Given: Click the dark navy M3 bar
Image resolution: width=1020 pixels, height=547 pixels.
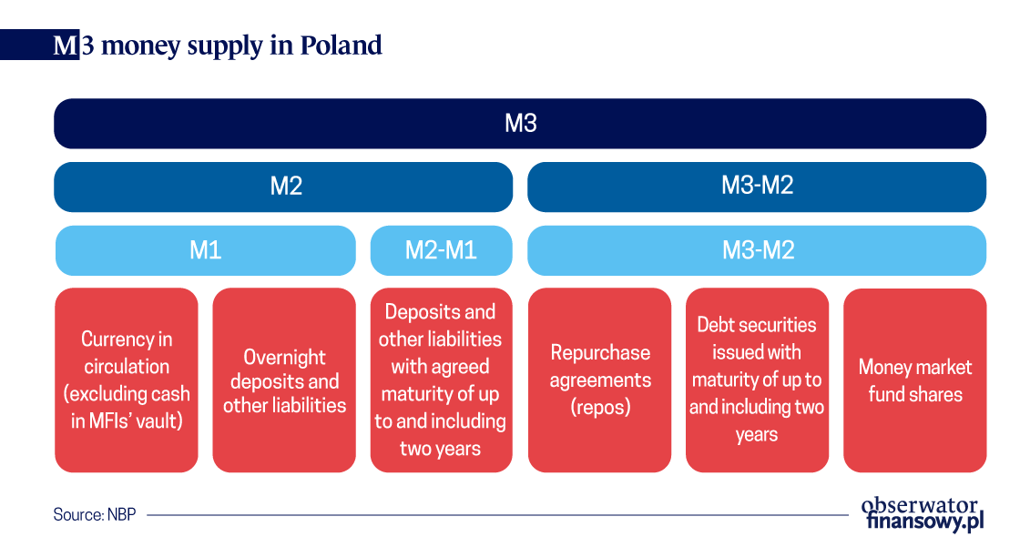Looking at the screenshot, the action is (x=520, y=124).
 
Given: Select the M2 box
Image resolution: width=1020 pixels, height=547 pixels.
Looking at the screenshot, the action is (x=283, y=187).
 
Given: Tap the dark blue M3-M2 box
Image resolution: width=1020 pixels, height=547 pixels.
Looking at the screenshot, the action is (x=757, y=187).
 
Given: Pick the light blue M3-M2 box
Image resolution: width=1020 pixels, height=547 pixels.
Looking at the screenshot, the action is (x=757, y=250).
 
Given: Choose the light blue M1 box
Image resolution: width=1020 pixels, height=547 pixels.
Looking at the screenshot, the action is (x=206, y=250).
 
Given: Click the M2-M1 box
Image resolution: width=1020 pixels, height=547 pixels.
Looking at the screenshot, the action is (x=441, y=250).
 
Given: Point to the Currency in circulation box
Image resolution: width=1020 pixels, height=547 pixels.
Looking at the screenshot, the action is (x=127, y=380).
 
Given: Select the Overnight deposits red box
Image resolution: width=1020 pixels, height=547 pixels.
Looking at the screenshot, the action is (x=284, y=380).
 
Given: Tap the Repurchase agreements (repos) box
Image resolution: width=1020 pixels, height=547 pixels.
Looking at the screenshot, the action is (x=600, y=380).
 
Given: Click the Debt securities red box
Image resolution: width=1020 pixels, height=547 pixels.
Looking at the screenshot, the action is (x=757, y=380).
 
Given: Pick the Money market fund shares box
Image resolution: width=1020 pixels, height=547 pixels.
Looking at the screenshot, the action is (x=914, y=380).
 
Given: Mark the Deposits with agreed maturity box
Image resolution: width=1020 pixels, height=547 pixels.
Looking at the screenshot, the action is (x=441, y=380).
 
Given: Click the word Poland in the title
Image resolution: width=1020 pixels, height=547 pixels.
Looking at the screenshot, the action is (x=341, y=45).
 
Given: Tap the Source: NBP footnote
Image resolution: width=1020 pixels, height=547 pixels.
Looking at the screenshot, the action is (x=95, y=514).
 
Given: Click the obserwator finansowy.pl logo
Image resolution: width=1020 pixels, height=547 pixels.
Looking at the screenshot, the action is (x=923, y=514).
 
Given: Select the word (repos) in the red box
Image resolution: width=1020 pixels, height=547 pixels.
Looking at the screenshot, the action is (x=600, y=407).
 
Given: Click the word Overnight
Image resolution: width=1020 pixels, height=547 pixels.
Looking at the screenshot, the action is (x=284, y=357).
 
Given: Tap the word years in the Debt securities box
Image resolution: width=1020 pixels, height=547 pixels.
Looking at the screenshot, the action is (x=757, y=434).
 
